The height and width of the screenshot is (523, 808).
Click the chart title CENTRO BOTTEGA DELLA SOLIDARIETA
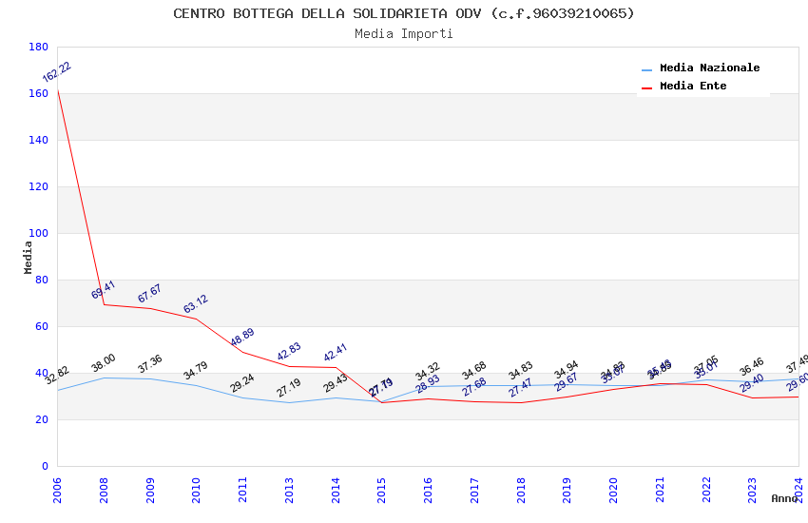pos(404,13)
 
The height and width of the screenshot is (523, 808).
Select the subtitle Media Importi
pos(404,33)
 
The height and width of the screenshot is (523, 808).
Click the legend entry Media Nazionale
pos(709,68)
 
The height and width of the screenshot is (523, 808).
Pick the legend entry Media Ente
pos(693,86)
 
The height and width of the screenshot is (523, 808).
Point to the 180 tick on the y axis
pos(39,47)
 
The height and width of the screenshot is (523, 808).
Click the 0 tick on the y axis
pos(45,466)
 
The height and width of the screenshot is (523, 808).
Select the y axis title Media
pos(29,257)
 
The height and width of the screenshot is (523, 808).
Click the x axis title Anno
pos(784,497)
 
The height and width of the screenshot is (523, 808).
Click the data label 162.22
pos(56,72)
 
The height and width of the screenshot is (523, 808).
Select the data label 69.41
pos(103,290)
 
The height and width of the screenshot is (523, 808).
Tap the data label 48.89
pos(242,338)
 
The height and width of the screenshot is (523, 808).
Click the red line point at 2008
pos(104,304)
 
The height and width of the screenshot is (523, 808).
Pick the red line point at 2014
pos(336,367)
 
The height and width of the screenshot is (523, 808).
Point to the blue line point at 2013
pos(289,402)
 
